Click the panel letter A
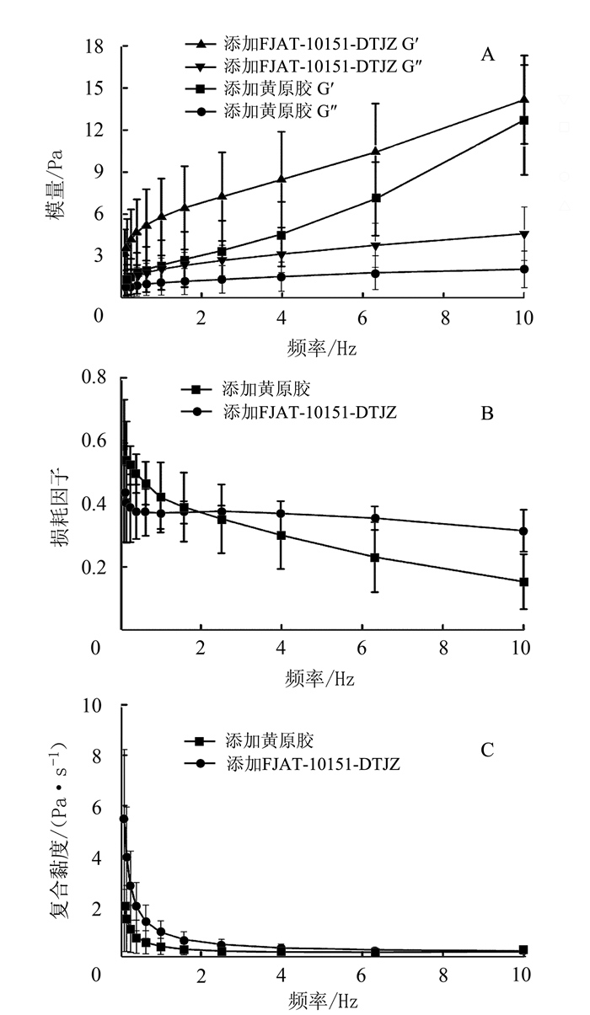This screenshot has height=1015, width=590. click(x=486, y=56)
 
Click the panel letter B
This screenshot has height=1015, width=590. click(x=486, y=414)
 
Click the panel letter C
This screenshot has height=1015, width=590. click(x=486, y=749)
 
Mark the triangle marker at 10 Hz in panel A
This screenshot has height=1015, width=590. click(x=524, y=100)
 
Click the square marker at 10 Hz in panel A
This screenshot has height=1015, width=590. click(x=523, y=120)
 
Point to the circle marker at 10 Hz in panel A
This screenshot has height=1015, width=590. click(x=524, y=270)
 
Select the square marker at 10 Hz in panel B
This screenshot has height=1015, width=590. click(x=523, y=582)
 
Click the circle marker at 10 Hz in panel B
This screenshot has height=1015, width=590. click(x=523, y=532)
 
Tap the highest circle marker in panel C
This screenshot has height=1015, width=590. click(x=123, y=819)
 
